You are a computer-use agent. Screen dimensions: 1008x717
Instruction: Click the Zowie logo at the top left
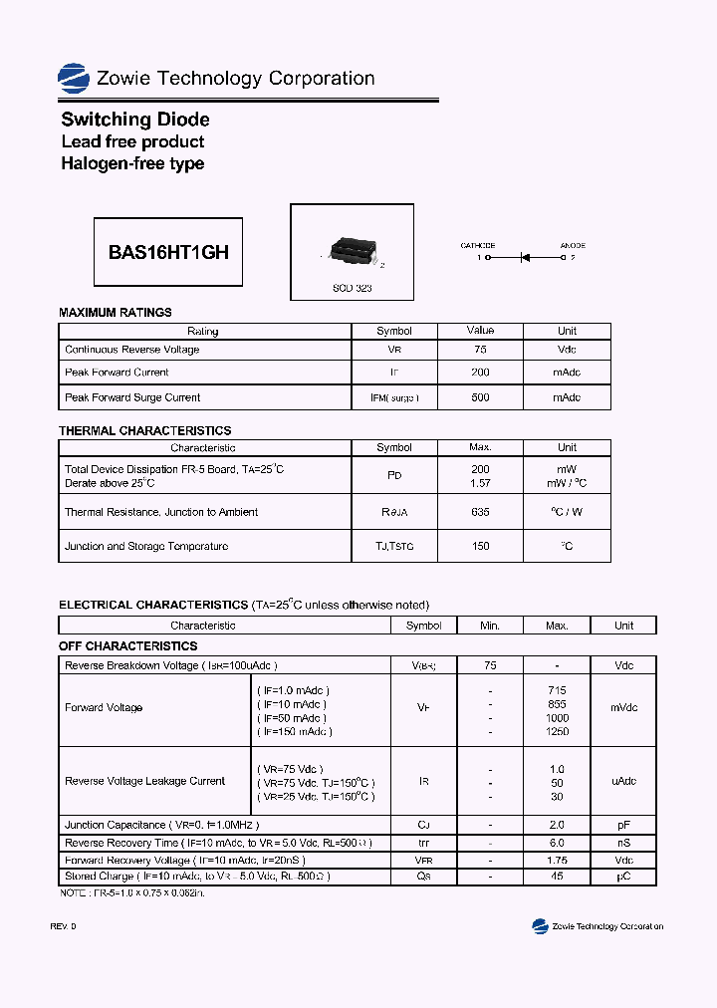(74, 78)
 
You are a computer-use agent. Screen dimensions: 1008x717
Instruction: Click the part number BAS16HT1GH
(168, 253)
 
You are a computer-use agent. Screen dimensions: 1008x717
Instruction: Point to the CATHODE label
(477, 245)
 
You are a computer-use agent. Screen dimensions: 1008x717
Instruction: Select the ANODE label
(572, 245)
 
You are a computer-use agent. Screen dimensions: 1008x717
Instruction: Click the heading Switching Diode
(135, 120)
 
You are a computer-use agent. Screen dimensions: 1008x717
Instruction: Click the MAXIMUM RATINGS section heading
(116, 313)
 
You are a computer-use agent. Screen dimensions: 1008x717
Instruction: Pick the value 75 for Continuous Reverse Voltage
(480, 350)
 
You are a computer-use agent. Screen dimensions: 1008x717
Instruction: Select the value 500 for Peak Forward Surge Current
(480, 397)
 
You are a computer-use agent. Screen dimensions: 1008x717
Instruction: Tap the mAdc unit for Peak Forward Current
(567, 373)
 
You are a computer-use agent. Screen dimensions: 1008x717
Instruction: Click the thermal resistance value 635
(480, 512)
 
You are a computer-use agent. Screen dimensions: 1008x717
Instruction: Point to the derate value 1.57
(480, 482)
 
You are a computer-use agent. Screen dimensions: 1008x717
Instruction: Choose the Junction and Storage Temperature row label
(146, 546)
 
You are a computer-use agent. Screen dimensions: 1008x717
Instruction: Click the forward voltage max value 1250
(557, 732)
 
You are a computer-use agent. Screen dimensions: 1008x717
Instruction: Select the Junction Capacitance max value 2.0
(557, 825)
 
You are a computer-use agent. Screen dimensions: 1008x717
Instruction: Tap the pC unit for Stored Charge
(623, 877)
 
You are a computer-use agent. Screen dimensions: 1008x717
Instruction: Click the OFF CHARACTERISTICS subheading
(128, 646)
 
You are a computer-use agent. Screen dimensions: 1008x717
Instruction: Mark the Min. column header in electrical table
(489, 626)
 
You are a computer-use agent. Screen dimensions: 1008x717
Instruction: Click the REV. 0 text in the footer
(63, 926)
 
